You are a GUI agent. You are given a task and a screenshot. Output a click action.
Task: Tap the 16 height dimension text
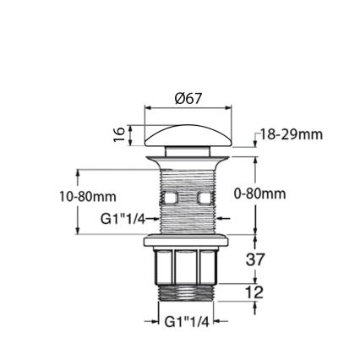coord(119,134)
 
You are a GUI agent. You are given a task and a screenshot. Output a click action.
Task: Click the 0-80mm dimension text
coord(259,194)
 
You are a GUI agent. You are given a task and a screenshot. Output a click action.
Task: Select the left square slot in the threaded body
coord(168,199)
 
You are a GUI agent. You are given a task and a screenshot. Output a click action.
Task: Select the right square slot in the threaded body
coord(206,199)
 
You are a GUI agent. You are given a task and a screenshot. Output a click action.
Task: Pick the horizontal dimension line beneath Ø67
coord(188,107)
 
